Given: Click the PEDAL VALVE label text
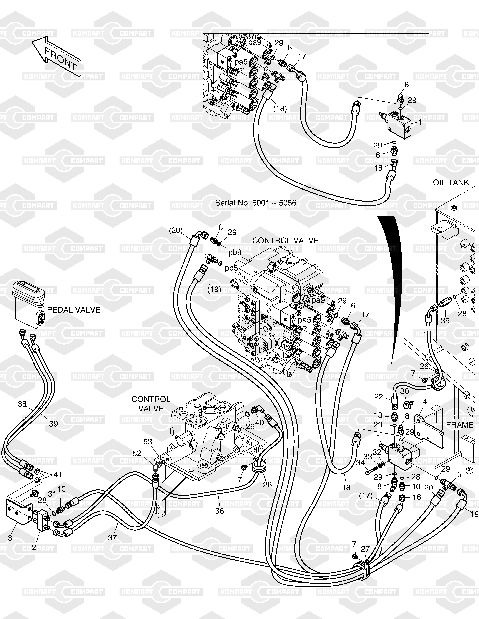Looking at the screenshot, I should [74, 310].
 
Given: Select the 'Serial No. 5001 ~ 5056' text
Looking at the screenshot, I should [255, 203].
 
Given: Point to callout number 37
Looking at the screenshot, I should [112, 537].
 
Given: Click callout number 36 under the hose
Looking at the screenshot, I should [219, 511].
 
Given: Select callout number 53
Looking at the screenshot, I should [148, 442].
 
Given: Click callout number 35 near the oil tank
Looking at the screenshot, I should [445, 321].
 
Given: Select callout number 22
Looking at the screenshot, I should [378, 397].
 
